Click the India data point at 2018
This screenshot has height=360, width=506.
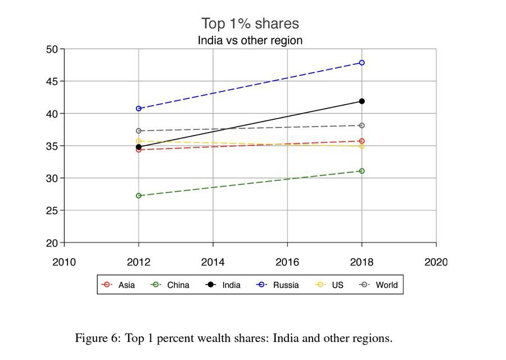tap(362, 101)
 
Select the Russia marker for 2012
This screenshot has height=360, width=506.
tap(139, 109)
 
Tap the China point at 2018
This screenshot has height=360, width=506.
tap(362, 171)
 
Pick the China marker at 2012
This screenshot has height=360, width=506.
tap(139, 196)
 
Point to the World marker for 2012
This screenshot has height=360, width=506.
tap(139, 131)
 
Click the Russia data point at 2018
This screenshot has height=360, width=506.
tap(362, 62)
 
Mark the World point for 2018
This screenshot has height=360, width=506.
tap(362, 125)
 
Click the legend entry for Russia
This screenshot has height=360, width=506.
tap(278, 285)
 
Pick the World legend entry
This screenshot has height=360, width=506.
tap(379, 285)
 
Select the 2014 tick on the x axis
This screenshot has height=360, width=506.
tap(213, 262)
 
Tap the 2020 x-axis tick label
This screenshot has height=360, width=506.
tap(436, 262)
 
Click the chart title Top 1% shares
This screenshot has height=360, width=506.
tap(250, 24)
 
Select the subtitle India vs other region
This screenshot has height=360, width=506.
tap(250, 40)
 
